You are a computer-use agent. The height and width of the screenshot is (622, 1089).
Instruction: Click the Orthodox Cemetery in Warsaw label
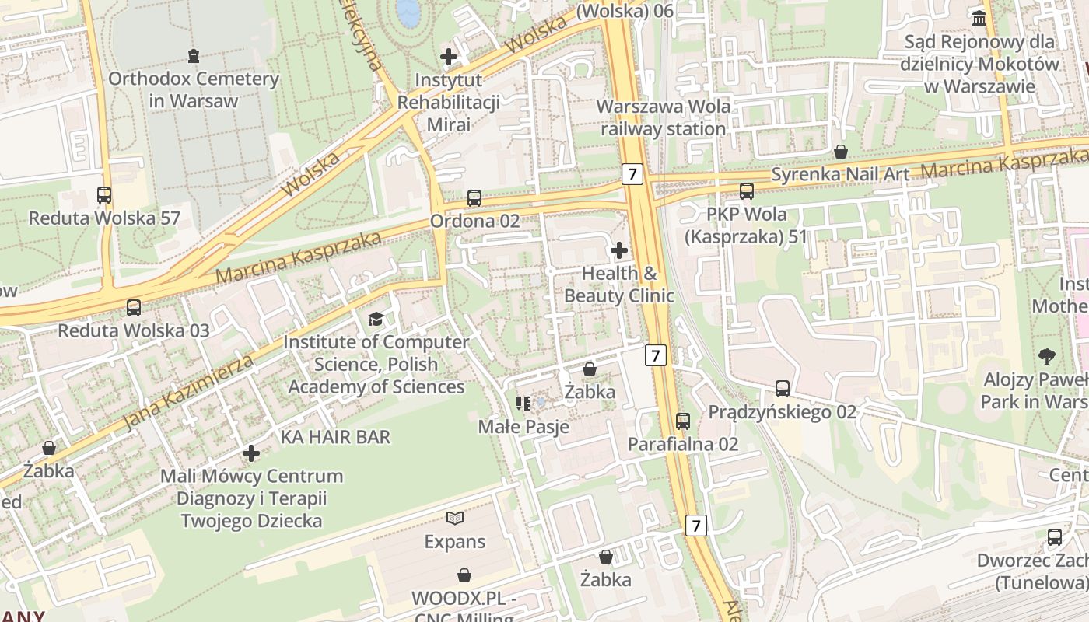[x=193, y=89]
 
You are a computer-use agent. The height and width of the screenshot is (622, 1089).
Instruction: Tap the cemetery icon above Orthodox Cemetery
[x=193, y=56]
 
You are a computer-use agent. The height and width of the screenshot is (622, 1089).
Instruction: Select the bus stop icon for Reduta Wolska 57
[x=104, y=195]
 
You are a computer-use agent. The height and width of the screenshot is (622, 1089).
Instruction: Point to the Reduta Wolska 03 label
[x=134, y=330]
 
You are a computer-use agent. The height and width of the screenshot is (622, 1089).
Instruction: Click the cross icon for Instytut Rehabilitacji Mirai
[x=448, y=56]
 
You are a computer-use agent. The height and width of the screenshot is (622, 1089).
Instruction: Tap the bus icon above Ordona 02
[x=474, y=198]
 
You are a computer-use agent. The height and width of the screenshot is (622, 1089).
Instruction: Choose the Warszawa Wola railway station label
[x=664, y=117]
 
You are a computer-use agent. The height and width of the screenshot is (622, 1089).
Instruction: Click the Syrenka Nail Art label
[x=840, y=174]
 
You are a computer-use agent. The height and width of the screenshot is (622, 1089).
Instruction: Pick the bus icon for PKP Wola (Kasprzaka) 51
[x=747, y=190]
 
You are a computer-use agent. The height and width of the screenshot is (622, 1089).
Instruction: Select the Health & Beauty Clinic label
[x=619, y=285]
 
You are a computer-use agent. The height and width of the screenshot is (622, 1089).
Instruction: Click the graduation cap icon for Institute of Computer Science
[x=376, y=319]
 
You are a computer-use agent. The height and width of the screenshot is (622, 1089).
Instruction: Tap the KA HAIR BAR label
[x=335, y=437]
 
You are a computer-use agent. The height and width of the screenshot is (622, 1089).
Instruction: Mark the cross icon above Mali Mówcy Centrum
[x=250, y=453]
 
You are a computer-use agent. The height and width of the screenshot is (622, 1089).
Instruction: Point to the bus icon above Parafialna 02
[x=683, y=421]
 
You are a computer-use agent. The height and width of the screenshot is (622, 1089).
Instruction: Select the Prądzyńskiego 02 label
[x=782, y=411]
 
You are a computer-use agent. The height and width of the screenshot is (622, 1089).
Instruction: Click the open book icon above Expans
[x=455, y=518]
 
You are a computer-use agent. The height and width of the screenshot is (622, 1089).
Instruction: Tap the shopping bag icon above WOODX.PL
[x=464, y=575]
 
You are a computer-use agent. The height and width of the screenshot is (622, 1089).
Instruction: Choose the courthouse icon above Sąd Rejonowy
[x=979, y=17]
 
